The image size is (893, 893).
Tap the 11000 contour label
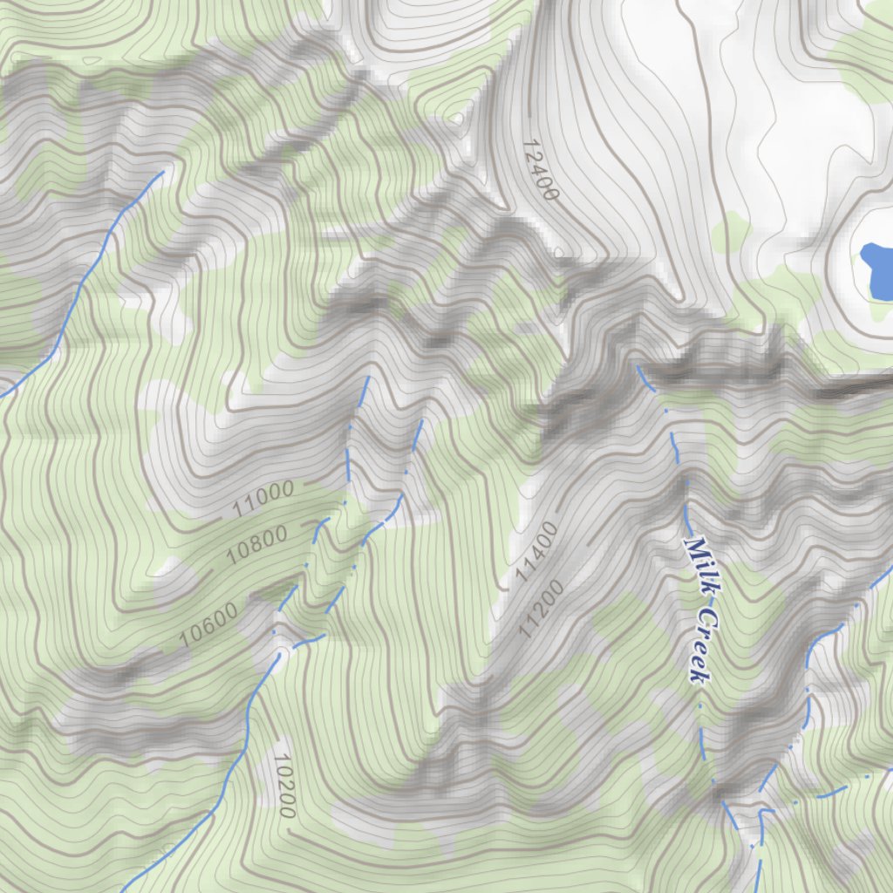click(x=264, y=501)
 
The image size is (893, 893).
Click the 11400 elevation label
click(x=535, y=553)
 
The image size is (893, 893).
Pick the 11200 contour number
click(x=542, y=607)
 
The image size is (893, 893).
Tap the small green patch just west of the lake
click(x=731, y=230)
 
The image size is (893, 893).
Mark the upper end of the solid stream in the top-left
click(x=162, y=172)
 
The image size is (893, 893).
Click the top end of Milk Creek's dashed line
click(x=639, y=367)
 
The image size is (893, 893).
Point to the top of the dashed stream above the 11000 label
click(x=368, y=378)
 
